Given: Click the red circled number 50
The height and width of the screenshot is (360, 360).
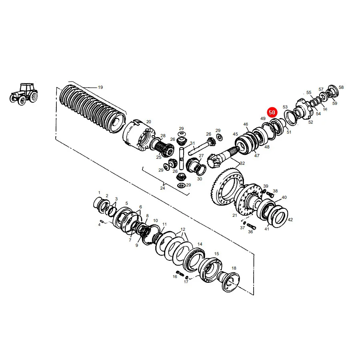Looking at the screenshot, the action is [272, 112].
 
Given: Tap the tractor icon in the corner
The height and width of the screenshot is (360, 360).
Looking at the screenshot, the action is [24, 94].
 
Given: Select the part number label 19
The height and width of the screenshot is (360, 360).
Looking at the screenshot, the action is [100, 87].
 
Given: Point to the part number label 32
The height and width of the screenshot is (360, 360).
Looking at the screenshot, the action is [242, 163].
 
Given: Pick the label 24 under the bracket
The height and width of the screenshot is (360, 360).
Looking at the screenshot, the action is [162, 188].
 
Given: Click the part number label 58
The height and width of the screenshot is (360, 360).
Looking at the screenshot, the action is [341, 87].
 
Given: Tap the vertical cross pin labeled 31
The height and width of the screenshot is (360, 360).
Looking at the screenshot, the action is [182, 158].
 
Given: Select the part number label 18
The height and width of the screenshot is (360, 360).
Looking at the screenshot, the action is [234, 268].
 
